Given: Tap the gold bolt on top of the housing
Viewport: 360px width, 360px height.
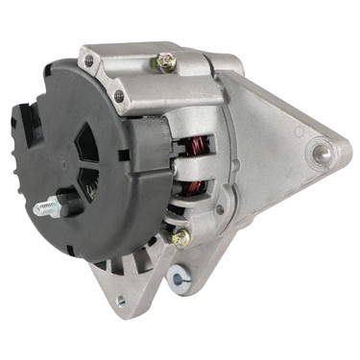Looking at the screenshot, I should pyautogui.click(x=167, y=62).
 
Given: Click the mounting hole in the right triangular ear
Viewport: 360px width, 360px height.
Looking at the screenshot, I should pyautogui.click(x=321, y=151).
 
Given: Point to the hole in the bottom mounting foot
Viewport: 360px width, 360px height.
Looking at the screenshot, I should pyautogui.click(x=120, y=300).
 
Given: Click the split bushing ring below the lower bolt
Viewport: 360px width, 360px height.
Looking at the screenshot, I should pyautogui.click(x=177, y=279).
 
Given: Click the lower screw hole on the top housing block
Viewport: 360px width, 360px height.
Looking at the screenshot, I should pyautogui.click(x=119, y=95).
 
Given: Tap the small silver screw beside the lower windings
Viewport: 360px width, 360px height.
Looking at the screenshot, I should pyautogui.click(x=220, y=209).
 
